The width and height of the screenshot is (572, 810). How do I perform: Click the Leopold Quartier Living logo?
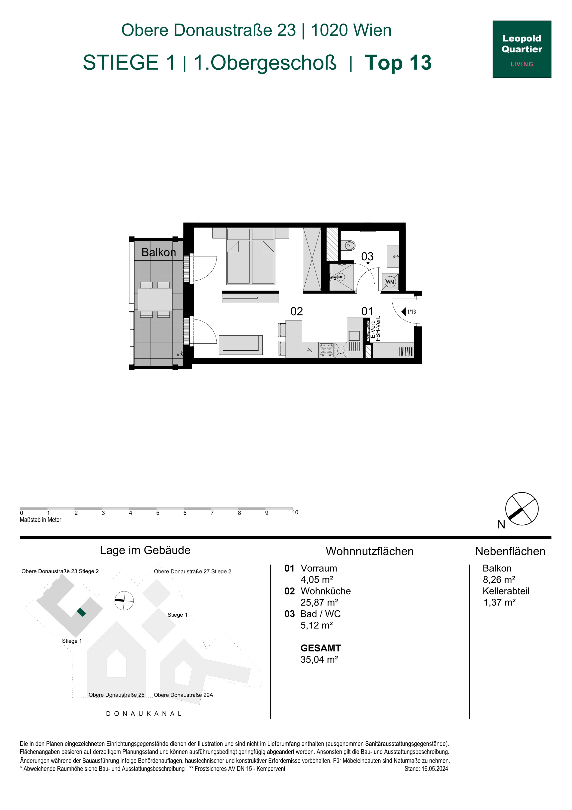pos(522,49)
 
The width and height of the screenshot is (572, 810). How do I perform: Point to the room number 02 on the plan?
pos(296,311)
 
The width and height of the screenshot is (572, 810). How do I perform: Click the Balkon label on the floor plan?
pos(159,252)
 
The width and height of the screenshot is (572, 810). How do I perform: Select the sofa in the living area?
pos(241,345)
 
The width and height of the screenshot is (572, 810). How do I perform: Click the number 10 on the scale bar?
pos(295,512)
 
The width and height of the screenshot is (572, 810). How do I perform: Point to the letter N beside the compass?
pos(501,525)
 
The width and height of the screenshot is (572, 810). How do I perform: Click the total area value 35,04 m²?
pos(319,659)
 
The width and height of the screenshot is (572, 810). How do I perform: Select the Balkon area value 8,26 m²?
pos(499,580)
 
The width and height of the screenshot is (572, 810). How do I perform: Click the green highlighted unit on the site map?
pos(81,612)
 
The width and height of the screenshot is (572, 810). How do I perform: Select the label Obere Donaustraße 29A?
pos(183,695)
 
